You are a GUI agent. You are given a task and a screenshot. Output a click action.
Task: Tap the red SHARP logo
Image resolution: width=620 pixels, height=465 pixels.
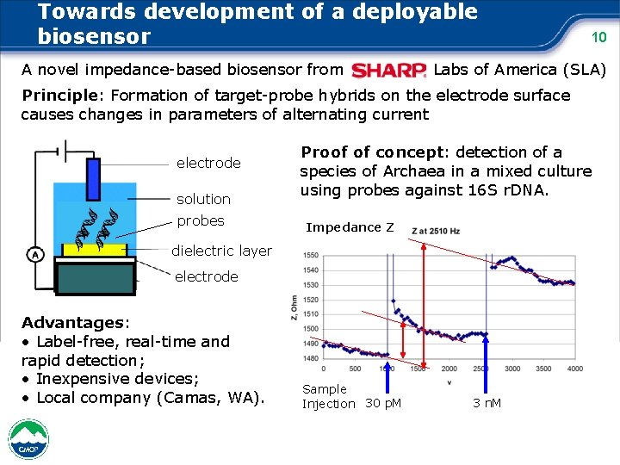(x=389, y=70)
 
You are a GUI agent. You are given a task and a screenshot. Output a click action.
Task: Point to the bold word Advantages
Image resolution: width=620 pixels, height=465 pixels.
(x=73, y=322)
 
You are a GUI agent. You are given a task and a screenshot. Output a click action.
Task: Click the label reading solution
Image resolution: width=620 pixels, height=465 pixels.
(x=203, y=199)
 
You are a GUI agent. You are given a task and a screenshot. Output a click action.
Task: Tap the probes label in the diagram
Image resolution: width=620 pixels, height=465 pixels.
(x=200, y=220)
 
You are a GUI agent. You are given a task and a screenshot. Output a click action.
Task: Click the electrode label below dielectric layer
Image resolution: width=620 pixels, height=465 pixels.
(x=207, y=276)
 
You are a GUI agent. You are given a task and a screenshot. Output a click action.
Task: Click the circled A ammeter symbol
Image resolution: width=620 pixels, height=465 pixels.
(x=34, y=254)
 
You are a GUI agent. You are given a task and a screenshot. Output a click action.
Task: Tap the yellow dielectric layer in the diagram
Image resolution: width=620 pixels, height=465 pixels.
(x=95, y=250)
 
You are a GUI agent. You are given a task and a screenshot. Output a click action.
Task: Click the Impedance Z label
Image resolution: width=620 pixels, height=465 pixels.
(x=350, y=227)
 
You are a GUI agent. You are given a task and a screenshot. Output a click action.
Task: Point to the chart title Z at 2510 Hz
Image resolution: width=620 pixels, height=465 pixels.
(x=437, y=232)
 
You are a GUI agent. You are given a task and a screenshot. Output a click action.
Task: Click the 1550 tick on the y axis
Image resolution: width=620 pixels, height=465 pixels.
(x=310, y=256)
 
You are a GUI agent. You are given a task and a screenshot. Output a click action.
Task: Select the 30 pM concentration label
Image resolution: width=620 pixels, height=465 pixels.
(x=385, y=403)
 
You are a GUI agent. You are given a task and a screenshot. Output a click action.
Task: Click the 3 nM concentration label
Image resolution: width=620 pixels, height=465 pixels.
(x=487, y=403)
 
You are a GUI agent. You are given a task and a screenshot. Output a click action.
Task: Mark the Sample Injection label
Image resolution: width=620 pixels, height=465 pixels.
(x=328, y=396)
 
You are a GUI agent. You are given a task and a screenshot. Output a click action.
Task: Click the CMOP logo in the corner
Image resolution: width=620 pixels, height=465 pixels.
(x=27, y=439)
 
